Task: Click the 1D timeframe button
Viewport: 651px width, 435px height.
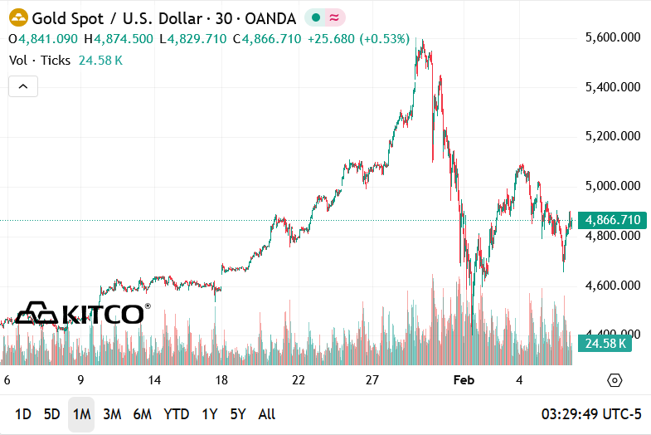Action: point(23,413)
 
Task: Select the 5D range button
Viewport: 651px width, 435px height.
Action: point(51,413)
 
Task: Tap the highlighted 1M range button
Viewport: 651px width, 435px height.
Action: point(81,413)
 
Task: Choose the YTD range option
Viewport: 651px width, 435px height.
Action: point(176,413)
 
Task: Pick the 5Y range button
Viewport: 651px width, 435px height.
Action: point(237,413)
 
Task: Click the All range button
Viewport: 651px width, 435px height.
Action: point(267,413)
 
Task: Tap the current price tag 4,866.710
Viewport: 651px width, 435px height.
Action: point(612,220)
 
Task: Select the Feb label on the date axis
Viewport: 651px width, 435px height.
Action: point(464,380)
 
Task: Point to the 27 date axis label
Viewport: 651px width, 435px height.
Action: point(372,380)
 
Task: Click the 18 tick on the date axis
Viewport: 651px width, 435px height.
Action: point(222,380)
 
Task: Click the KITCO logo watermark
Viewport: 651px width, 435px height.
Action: point(83,313)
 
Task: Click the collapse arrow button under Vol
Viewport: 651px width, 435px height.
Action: point(23,86)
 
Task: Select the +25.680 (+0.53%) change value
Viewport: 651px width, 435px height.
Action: point(358,39)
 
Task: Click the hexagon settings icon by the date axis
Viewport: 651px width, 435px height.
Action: point(615,380)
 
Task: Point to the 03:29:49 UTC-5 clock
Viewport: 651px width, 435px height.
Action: point(591,413)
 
